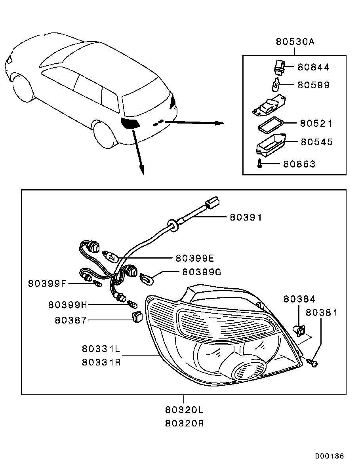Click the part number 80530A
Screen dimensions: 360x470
(x=295, y=42)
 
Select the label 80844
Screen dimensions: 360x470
(x=313, y=67)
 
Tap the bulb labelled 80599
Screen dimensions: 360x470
(x=276, y=84)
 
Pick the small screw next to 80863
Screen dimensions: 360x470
(x=259, y=164)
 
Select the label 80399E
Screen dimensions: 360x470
(x=195, y=258)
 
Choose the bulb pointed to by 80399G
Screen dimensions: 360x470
(x=147, y=277)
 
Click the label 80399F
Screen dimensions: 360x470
(x=47, y=283)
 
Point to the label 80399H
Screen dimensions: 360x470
(x=67, y=305)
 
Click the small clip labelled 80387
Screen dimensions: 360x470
(x=137, y=316)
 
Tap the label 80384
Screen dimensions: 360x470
(x=299, y=299)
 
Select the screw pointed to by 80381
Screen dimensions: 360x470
(x=312, y=362)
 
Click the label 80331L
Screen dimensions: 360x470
(x=101, y=348)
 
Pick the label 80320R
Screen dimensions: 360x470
(x=184, y=423)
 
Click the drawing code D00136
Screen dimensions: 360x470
(x=330, y=456)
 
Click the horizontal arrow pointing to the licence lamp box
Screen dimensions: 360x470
(x=194, y=122)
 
